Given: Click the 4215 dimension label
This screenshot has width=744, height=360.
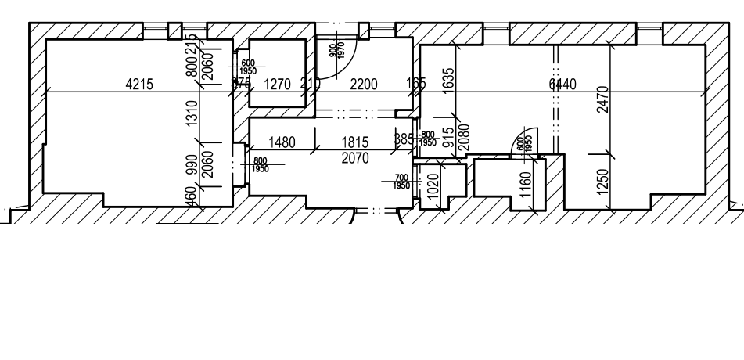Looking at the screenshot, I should pos(140,85).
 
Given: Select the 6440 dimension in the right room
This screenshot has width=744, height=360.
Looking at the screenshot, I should pos(563,85).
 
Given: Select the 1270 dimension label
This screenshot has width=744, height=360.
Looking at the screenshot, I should pos(278,85).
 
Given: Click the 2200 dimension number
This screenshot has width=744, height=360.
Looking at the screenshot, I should pos(363,85).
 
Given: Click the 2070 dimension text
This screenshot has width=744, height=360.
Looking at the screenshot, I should pos(355,157).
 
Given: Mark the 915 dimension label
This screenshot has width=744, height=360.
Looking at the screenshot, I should pos(447,139).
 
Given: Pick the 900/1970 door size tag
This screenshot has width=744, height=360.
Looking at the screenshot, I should pos(335,52).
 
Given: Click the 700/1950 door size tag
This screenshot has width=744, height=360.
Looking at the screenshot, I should pos(401,182).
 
